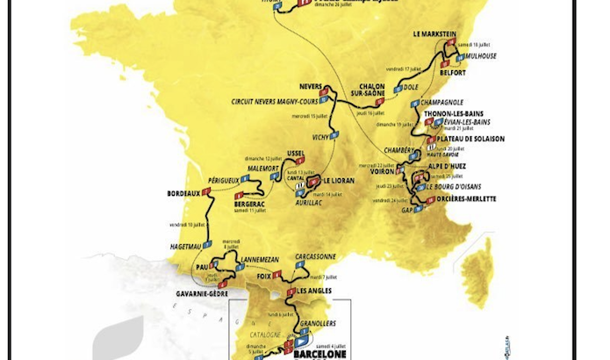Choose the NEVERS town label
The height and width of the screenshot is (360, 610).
point(314,86)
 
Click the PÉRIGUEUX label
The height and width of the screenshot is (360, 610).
point(221,180)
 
